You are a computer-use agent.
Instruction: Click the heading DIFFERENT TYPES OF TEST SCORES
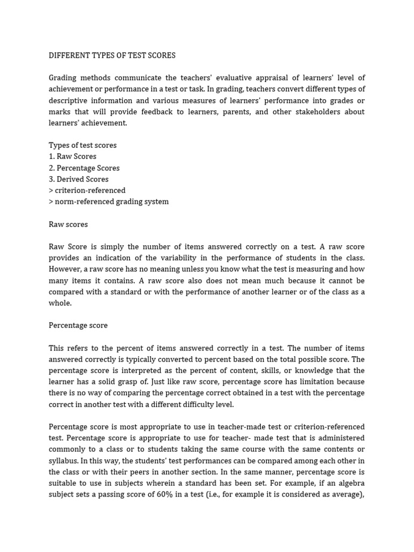[x=112, y=56]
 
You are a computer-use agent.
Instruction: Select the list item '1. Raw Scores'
[x=73, y=156]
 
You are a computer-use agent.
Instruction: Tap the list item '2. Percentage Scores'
[x=84, y=168]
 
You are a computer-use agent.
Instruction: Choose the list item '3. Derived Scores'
[x=79, y=179]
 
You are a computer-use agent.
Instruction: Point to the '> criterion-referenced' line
[x=87, y=190]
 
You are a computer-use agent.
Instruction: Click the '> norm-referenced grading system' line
[x=109, y=202]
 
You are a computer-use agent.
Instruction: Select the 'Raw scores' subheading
[x=68, y=224]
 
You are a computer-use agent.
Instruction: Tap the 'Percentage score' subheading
[x=78, y=326]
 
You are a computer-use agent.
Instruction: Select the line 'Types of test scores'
[x=82, y=145]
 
